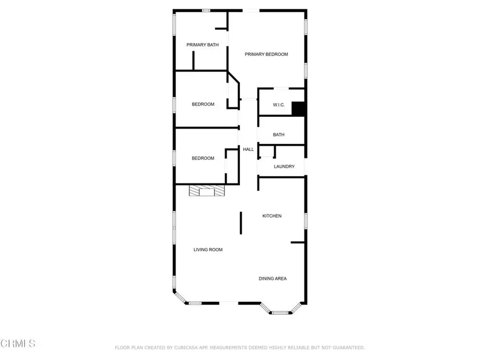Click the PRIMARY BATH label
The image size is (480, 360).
pos(203,45)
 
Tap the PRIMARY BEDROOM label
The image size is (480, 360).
pos(266,54)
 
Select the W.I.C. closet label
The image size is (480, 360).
pos(279,105)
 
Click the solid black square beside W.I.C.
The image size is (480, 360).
pos(298,109)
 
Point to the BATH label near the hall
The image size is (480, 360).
pos(278,135)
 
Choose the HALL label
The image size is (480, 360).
pos(249,149)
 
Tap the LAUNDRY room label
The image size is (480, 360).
pos(284,166)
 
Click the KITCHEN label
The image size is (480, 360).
pos(271,216)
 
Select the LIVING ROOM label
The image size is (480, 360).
pos(207,250)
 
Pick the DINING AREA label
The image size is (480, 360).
pos(273,278)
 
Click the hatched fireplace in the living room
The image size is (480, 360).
pos(206,191)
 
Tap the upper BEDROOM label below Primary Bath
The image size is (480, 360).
pos(203,104)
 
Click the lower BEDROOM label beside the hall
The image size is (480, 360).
pos(203,158)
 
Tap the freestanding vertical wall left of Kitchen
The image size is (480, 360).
pos(241,222)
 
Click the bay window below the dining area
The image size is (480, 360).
pos(280,311)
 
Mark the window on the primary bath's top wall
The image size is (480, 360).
pos(205,10)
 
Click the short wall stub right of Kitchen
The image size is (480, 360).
pos(298,243)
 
